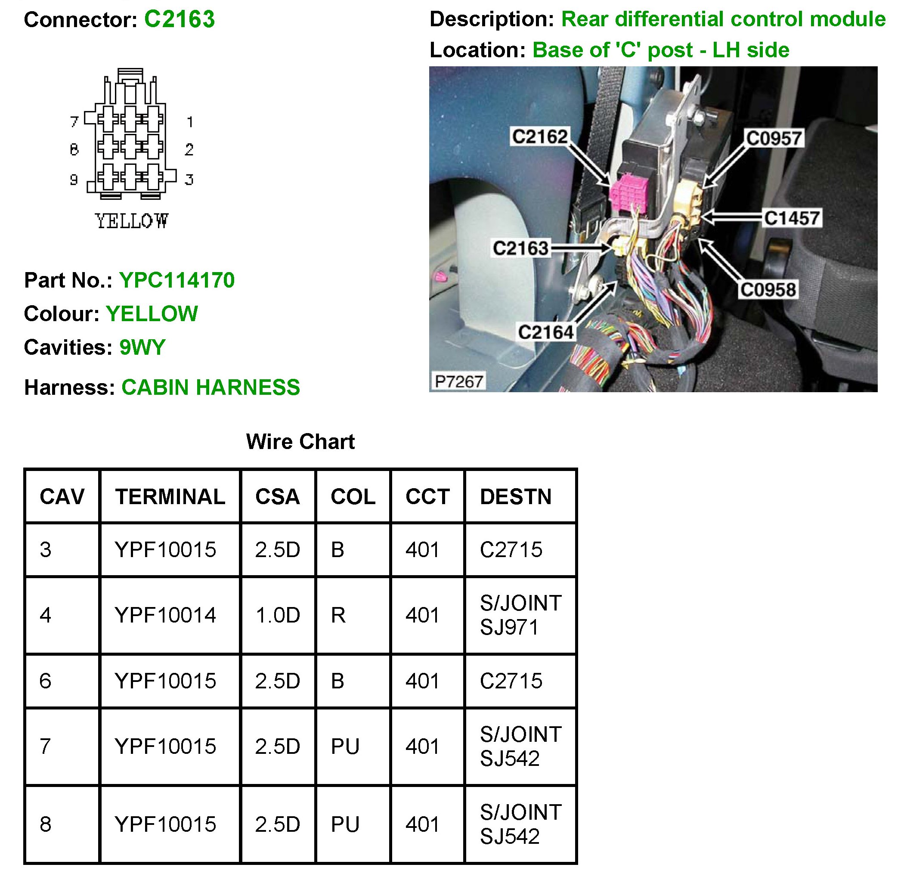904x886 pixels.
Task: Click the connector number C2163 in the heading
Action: [x=179, y=19]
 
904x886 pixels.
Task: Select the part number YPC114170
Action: [x=177, y=280]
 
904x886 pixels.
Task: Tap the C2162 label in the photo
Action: [x=540, y=136]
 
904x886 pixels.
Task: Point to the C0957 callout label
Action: [x=774, y=138]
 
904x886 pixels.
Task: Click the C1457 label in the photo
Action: [x=792, y=218]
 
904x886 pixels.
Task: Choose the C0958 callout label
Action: [x=768, y=289]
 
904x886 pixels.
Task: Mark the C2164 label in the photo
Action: [x=546, y=332]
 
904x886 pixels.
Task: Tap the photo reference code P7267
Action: [x=458, y=381]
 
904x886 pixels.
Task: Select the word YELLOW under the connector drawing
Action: [x=131, y=221]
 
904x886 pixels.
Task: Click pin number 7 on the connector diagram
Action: [x=74, y=122]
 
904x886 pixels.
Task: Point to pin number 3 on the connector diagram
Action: [x=189, y=180]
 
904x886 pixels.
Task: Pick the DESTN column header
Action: [x=516, y=496]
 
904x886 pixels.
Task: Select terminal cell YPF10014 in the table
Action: [x=165, y=615]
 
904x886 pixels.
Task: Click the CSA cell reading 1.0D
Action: [x=277, y=615]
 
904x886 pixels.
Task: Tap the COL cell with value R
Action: [x=338, y=615]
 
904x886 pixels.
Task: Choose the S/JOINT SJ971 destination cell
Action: [x=520, y=615]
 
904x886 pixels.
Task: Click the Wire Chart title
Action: [x=300, y=442]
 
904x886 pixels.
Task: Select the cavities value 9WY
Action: [x=142, y=347]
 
